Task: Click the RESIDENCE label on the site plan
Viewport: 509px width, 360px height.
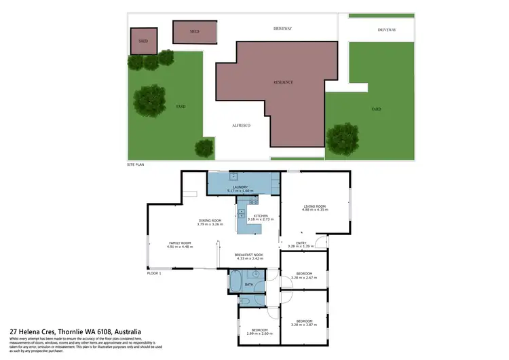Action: (x=283, y=82)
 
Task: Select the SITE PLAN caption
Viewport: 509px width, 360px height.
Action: (x=136, y=164)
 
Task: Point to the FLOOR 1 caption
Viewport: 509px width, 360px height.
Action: (x=155, y=273)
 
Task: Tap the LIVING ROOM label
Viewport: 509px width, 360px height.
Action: (x=315, y=206)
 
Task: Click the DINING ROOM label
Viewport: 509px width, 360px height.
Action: (x=211, y=220)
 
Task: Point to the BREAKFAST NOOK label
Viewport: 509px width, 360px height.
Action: (x=248, y=255)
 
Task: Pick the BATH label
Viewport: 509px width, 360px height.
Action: (x=249, y=284)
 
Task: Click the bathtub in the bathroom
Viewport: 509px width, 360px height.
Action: (x=235, y=282)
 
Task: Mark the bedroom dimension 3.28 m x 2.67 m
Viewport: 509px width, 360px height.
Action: (x=303, y=277)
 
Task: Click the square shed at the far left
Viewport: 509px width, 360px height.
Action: (x=143, y=40)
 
